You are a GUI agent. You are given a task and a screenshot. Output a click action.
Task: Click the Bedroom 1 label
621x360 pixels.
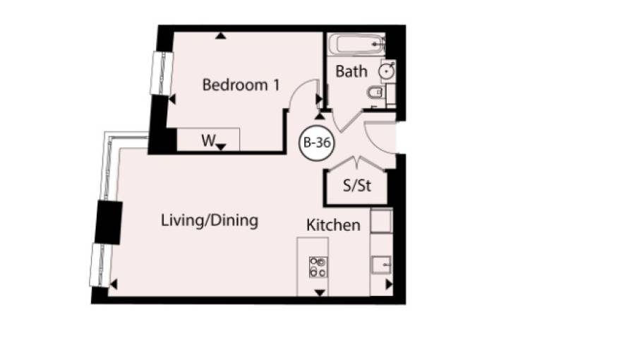[241, 85]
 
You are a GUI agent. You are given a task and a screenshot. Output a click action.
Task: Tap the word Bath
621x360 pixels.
[351, 71]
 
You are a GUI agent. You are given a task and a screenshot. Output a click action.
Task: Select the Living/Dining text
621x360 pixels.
[210, 221]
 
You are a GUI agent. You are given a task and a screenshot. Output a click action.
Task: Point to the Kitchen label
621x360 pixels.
[333, 225]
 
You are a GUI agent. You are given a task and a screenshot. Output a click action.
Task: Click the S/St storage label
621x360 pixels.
[357, 186]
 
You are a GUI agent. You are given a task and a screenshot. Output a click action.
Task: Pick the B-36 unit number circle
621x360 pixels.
[316, 143]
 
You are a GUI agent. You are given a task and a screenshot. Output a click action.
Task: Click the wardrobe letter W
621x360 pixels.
[208, 140]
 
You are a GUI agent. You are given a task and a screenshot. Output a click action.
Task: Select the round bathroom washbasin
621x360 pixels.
[386, 71]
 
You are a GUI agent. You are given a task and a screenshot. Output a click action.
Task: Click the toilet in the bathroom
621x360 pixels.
[375, 93]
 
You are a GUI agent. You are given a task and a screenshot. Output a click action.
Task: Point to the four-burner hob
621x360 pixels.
[318, 267]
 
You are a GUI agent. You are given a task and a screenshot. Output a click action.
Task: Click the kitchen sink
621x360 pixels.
[381, 265]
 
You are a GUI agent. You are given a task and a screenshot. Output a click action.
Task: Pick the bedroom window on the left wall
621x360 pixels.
[162, 73]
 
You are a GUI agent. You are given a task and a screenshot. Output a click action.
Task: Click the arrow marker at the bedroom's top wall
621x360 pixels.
[221, 35]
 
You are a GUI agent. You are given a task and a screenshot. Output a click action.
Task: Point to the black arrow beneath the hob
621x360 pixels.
[320, 293]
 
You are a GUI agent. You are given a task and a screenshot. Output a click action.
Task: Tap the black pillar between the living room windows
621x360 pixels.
[109, 222]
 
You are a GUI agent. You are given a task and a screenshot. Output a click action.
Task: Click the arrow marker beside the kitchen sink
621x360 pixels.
[389, 284]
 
